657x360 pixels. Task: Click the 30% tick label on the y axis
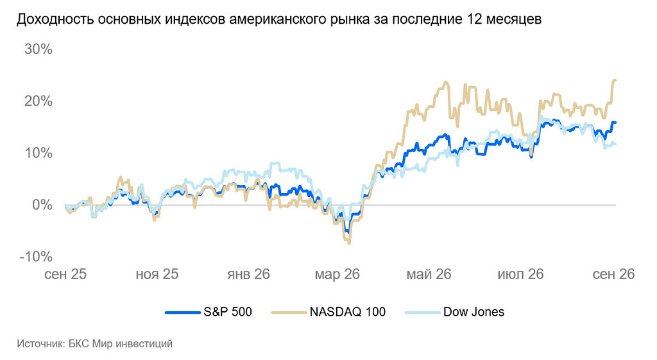(38, 49)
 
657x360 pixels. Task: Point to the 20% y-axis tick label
(38, 101)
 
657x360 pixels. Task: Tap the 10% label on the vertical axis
(38, 153)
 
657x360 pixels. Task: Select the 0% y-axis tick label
(42, 205)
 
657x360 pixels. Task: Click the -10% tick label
(36, 257)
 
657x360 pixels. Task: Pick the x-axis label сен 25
(65, 274)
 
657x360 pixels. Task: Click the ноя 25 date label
(157, 274)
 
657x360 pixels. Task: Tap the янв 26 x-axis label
(248, 274)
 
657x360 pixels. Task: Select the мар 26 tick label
(337, 274)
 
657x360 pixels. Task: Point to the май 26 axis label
(429, 274)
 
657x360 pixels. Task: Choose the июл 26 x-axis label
(520, 274)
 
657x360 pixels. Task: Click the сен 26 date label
(613, 274)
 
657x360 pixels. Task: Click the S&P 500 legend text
(228, 312)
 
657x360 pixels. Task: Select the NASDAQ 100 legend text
(347, 312)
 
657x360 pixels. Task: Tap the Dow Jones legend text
(474, 312)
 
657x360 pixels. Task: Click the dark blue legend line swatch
(183, 313)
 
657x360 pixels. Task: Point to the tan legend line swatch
(289, 313)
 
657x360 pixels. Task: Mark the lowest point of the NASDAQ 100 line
(349, 243)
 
